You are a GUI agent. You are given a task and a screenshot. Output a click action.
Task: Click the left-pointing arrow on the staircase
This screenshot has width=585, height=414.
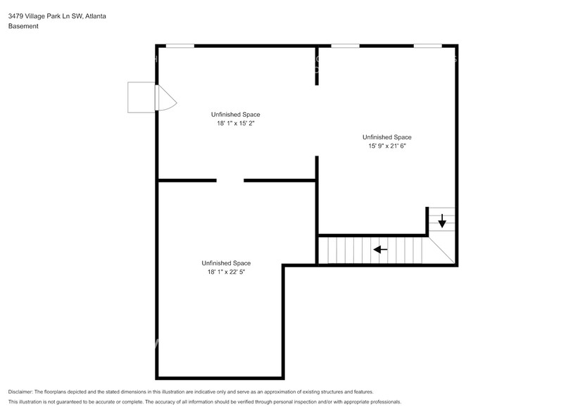(380, 249)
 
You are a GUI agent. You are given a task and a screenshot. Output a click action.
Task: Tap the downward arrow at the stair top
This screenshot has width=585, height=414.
(442, 223)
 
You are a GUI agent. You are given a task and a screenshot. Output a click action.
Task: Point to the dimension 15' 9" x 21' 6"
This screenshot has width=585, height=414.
(386, 146)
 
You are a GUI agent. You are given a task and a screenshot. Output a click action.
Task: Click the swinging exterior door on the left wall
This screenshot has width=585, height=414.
(165, 98)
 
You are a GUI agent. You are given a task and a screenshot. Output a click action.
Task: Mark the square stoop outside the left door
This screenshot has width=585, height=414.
(141, 97)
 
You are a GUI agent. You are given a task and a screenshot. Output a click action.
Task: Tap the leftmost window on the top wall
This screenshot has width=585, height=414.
(180, 46)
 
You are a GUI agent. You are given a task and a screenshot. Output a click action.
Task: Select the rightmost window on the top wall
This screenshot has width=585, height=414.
(427, 46)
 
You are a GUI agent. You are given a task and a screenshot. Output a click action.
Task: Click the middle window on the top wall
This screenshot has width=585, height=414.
(345, 46)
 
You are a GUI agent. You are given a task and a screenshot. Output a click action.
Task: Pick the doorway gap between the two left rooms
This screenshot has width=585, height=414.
(230, 181)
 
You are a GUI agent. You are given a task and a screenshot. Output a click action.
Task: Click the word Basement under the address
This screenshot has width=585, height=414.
(23, 26)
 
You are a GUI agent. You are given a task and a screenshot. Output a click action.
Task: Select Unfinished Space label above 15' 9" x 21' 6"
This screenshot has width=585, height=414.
(386, 137)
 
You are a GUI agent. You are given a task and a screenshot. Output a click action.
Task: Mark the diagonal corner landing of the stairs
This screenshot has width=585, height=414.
(442, 250)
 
